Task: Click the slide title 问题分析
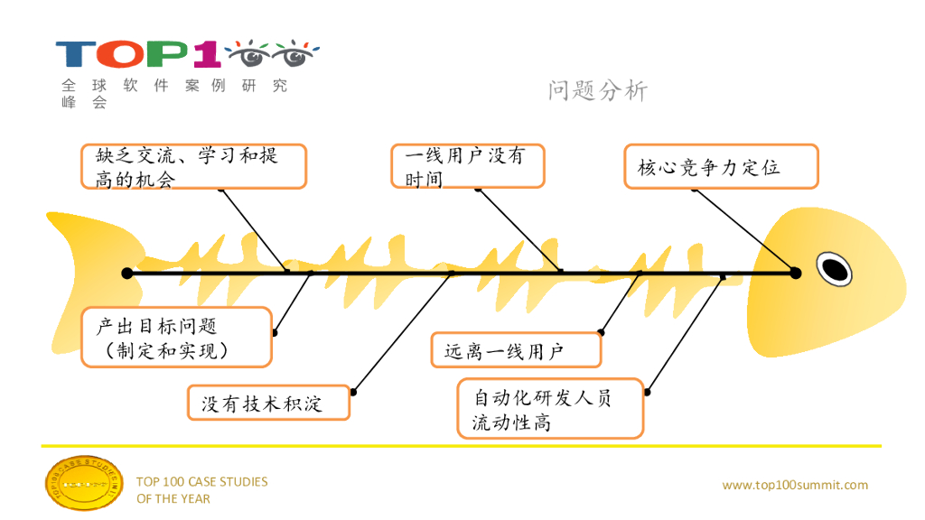coord(597,90)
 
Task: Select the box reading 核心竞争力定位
coord(721,166)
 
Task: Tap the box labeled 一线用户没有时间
coord(467,166)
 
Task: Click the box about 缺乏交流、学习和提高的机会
coord(193,166)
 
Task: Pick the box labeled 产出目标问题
coord(176,337)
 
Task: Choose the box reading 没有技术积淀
coord(268,403)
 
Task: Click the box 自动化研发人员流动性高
coord(551,408)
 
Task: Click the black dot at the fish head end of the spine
coord(795,273)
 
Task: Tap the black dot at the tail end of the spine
coord(127,273)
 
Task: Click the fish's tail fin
coord(81,262)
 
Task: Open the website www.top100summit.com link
coord(795,485)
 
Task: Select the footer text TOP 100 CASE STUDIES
coord(201,481)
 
